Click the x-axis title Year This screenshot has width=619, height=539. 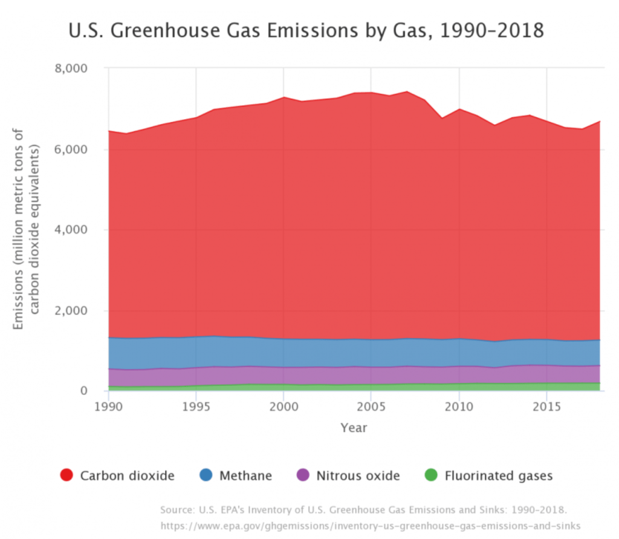point(354,428)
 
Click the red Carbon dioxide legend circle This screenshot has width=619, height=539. point(67,475)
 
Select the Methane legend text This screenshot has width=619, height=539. point(245,475)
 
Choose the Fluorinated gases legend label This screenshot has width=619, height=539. point(499,475)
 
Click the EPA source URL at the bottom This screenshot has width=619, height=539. point(370,525)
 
